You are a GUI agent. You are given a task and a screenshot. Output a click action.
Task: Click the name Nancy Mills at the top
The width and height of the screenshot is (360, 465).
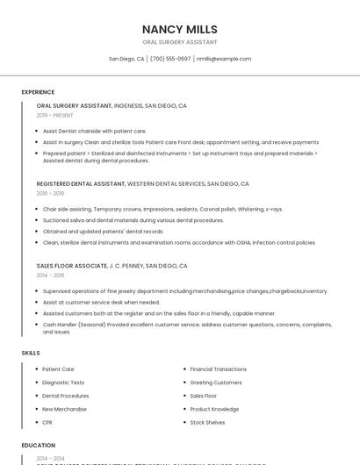coord(179,29)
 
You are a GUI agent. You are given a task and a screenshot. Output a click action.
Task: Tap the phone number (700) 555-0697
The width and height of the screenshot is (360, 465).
coord(170,59)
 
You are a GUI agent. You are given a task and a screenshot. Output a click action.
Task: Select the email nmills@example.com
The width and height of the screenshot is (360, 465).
coord(224,59)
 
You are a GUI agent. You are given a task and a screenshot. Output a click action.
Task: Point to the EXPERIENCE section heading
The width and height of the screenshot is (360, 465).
coord(38,92)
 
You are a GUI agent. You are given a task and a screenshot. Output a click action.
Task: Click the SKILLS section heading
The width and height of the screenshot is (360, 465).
coord(31,353)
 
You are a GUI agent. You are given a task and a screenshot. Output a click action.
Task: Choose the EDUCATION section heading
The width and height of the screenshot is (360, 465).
coord(38,445)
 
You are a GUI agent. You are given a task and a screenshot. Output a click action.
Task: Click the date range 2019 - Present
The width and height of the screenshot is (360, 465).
coord(55,115)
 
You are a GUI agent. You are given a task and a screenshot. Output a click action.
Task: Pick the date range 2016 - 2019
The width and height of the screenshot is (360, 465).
coord(50,193)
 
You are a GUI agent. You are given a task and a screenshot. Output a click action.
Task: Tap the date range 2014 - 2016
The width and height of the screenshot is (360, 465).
coord(50,275)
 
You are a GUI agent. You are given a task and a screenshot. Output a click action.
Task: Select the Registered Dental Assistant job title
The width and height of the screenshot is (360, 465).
coord(81,184)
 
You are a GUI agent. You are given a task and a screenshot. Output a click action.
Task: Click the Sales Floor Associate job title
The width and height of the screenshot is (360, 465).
coord(71,265)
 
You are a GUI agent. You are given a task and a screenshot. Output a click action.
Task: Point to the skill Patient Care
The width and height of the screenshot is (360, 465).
coord(58,369)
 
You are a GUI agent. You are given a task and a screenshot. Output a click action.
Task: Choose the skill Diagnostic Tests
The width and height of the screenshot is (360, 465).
coord(63,383)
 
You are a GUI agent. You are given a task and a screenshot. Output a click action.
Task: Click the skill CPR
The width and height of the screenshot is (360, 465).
coord(47,422)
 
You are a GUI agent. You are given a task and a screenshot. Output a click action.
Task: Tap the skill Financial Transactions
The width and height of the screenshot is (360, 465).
coord(218,369)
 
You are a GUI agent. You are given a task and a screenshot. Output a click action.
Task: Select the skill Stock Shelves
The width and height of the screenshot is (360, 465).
coord(207,422)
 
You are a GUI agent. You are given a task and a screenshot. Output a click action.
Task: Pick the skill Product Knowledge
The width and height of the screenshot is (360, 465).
coord(214,409)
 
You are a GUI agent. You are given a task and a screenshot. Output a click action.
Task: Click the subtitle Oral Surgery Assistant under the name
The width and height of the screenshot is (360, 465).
coord(179,42)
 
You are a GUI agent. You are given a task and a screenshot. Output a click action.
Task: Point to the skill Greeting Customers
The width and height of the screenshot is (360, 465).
coord(215,383)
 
